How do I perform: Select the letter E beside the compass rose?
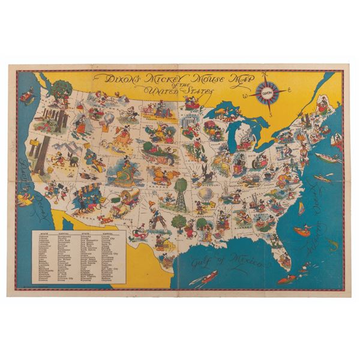288,91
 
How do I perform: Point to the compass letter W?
245,95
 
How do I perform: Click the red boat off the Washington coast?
27,95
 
